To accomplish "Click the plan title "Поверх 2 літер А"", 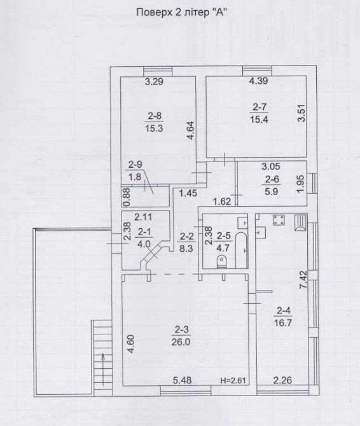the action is point(181,12).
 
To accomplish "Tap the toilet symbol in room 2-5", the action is point(222,262).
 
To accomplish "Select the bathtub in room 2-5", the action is point(240,250).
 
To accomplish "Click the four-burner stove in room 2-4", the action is point(279,220).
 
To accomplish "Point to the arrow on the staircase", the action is point(103,369).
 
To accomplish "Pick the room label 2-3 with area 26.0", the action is point(181,336).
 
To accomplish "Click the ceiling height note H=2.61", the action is point(233,381).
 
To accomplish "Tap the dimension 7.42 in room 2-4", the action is point(303,279).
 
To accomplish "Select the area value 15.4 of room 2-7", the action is point(259,120).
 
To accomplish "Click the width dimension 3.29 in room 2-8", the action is point(154,81).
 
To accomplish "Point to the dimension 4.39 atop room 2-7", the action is point(258,81).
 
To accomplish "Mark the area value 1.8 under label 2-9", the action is point(135,177).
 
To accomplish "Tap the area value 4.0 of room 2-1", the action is point(144,244).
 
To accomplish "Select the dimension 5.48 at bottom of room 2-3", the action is point(182,380).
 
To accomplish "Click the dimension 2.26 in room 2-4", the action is point(282,380).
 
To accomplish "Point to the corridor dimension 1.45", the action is point(188,193).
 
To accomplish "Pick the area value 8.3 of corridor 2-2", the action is point(186,248).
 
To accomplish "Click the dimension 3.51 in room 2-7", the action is point(301,113).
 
